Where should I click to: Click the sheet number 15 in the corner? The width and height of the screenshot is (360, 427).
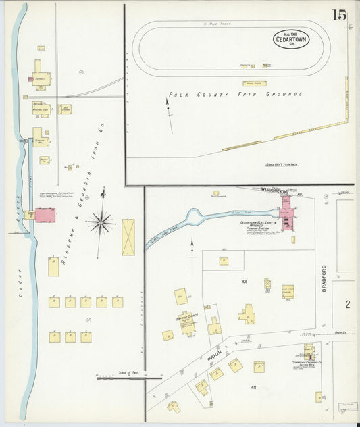click(340, 15)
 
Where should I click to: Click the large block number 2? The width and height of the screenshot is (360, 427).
click(347, 305)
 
